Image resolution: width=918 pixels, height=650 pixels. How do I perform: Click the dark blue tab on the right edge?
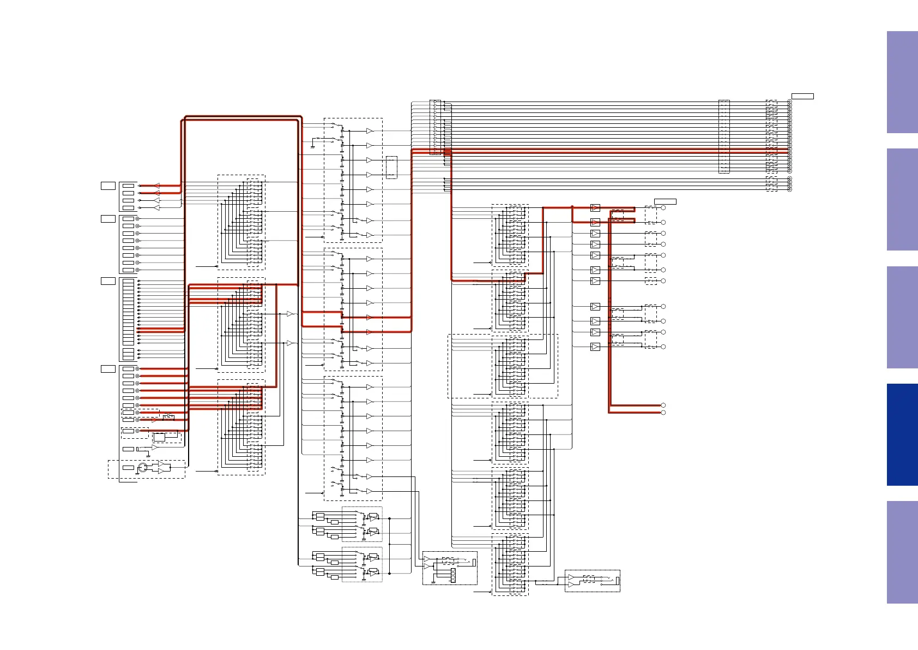pos(902,434)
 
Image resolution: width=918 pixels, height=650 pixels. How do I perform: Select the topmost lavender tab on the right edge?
pos(902,82)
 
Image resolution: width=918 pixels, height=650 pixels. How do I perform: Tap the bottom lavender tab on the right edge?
pos(902,552)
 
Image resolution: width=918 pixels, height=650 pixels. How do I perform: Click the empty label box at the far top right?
pos(802,97)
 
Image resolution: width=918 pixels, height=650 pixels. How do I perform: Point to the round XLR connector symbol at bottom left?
pos(143,468)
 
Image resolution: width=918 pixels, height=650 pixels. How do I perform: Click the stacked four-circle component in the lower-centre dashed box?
pos(453,575)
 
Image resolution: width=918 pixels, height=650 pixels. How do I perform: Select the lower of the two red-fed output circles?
pos(663,413)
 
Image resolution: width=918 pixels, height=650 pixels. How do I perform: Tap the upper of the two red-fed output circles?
pos(663,405)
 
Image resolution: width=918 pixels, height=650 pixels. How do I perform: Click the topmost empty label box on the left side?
pos(108,186)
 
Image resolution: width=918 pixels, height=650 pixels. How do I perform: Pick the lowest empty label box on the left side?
pos(108,369)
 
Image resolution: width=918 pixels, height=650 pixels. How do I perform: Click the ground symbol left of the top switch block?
pos(312,146)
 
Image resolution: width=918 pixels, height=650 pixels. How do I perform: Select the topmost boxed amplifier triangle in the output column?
pos(595,208)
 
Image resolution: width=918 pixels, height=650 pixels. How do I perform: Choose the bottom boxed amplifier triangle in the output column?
pos(595,347)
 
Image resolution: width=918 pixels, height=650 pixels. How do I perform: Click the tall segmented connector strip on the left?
pos(128,312)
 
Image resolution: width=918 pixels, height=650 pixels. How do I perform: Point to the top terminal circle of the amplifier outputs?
pos(663,208)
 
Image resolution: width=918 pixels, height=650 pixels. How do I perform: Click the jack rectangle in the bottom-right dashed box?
pos(618,581)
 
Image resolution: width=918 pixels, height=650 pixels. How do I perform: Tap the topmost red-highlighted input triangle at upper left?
pos(157,186)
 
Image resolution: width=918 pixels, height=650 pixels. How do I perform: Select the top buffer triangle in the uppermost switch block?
pos(369,131)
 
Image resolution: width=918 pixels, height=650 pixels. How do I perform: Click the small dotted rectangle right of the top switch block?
pos(391,167)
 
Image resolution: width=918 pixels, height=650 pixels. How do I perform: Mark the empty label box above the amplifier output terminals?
pos(665,201)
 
